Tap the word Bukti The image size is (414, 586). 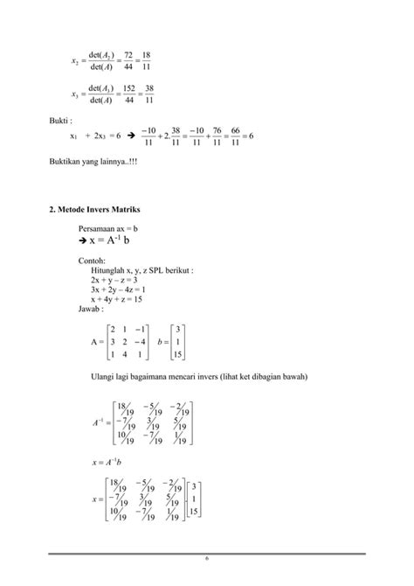[x=58, y=121]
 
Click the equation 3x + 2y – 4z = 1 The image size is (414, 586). [x=117, y=290]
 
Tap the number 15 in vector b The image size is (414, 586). [x=178, y=354]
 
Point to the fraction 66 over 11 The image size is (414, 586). [x=234, y=136]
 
